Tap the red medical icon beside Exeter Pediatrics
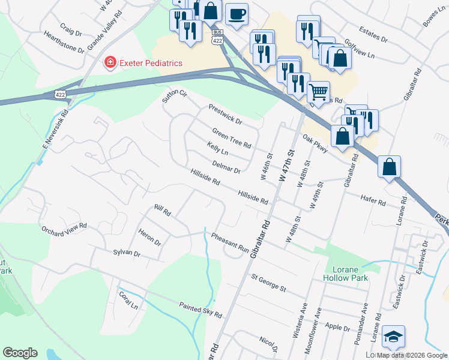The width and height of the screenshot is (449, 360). point(110,62)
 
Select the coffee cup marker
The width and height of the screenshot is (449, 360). point(237,13)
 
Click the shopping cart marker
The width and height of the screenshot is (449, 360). point(318,92)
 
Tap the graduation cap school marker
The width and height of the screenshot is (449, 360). point(393,337)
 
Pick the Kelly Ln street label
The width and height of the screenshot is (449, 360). point(218,148)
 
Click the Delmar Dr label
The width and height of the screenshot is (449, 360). point(226,166)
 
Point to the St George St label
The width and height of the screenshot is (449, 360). point(268,283)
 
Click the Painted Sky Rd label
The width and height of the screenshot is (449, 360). point(200,310)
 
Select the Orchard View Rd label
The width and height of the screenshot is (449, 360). point(64,229)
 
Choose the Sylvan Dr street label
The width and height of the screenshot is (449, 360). point(126,254)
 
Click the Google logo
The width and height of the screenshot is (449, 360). point(20,353)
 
